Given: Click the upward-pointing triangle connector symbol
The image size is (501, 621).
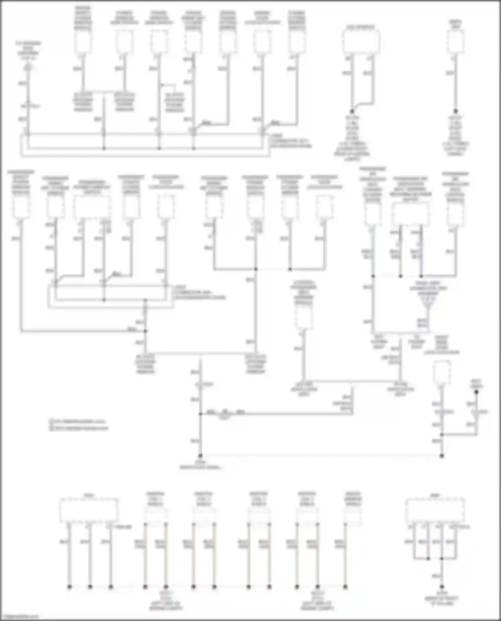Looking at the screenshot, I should point(29,67).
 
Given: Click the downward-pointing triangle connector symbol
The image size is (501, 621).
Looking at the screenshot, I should point(428,309).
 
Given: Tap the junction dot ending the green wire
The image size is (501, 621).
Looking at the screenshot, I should point(373,276).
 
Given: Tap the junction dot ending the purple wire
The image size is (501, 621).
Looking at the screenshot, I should point(421,276).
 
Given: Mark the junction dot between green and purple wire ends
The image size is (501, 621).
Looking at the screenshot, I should point(400,276).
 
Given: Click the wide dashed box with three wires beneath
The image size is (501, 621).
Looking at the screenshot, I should point(89,510).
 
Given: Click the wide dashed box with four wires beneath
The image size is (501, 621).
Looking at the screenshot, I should point(435,511).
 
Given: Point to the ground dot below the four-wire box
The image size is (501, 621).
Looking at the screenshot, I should point(442,586).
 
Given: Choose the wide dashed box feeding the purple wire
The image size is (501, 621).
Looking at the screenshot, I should point(410,213).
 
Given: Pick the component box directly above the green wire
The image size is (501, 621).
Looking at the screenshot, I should point(372,214).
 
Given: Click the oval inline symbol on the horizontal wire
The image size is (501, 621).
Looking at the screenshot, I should point(225,413).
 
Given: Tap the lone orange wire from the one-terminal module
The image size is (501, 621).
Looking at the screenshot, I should point(345,554).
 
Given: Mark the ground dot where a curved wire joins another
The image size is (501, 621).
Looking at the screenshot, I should point(352,111).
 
